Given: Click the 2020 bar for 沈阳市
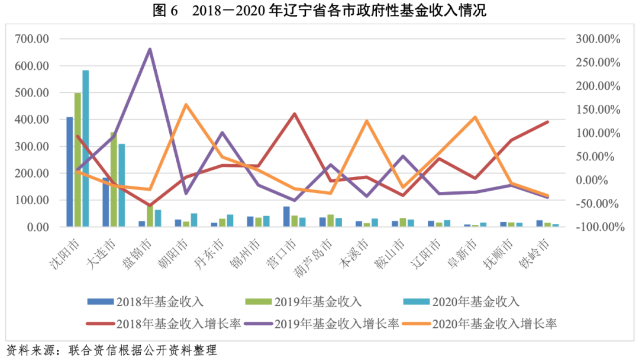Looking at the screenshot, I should [85, 148].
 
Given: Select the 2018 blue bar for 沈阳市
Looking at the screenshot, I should [70, 172].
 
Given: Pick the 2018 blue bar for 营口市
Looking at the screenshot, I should [286, 217].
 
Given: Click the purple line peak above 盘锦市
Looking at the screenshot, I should [150, 49].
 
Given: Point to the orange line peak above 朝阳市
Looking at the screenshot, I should [186, 105].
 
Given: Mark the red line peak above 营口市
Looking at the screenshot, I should [294, 113].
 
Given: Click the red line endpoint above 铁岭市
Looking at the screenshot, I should [547, 121].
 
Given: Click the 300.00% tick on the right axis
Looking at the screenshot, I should [597, 39].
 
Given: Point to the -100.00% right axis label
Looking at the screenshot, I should [596, 227].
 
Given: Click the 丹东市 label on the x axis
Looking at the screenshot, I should [212, 251].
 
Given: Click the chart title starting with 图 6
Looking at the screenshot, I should [319, 10].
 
